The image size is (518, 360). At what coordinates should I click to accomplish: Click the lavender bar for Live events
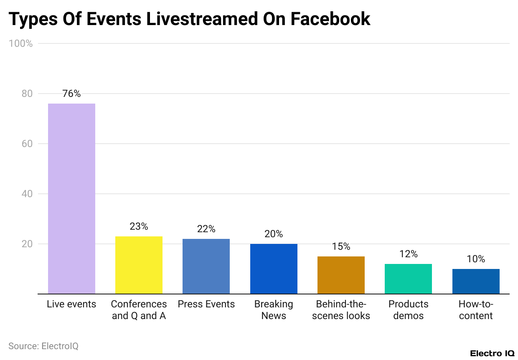point(71,198)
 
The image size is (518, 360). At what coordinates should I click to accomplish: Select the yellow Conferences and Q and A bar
point(139,265)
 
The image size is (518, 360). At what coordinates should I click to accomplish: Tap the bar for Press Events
point(206,266)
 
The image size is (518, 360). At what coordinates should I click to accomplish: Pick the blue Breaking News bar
point(274,269)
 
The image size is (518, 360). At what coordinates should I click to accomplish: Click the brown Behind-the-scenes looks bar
point(341,275)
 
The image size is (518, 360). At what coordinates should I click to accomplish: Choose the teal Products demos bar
point(408,279)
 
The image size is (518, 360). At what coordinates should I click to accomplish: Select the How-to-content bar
point(476,281)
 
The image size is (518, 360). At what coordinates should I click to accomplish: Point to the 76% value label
point(71,94)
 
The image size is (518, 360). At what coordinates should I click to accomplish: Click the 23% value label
point(139,227)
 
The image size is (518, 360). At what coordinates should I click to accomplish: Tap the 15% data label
point(341,247)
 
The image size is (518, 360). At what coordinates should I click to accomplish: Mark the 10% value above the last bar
point(476,259)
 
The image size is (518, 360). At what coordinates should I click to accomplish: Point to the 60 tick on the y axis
point(27,144)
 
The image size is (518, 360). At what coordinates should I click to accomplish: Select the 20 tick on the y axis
point(27,244)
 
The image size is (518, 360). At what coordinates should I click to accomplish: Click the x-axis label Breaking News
point(274,310)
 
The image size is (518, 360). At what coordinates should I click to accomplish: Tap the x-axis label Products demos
point(408,310)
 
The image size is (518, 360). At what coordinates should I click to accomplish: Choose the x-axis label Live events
point(71,304)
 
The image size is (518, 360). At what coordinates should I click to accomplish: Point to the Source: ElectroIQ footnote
point(43,346)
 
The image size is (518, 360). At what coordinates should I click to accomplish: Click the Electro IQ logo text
point(492,353)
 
